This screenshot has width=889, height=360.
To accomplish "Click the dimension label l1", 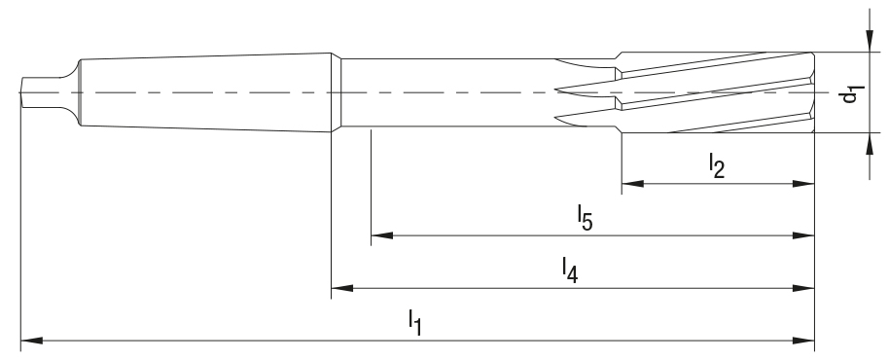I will point(414,321).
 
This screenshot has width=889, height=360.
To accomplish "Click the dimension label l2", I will point(717,166).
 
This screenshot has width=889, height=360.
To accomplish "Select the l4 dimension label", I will point(571,268).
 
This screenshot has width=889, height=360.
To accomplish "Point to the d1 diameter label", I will point(852,93).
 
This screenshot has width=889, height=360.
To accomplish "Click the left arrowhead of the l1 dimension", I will point(27,341).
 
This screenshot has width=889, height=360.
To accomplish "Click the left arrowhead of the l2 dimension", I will point(627,184).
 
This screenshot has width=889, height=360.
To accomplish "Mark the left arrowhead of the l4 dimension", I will point(338,288).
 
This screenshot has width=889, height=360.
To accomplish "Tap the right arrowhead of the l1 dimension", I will point(806,341).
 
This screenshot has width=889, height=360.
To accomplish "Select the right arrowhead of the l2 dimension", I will point(806,184).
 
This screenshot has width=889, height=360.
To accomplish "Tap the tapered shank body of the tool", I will point(204,92).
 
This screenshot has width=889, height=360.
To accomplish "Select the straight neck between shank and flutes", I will point(438,92).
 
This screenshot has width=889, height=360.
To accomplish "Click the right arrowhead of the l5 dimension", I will point(806,235).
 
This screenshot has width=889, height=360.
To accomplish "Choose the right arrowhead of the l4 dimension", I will point(806,288).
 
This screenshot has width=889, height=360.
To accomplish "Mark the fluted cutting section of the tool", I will point(710,92).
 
